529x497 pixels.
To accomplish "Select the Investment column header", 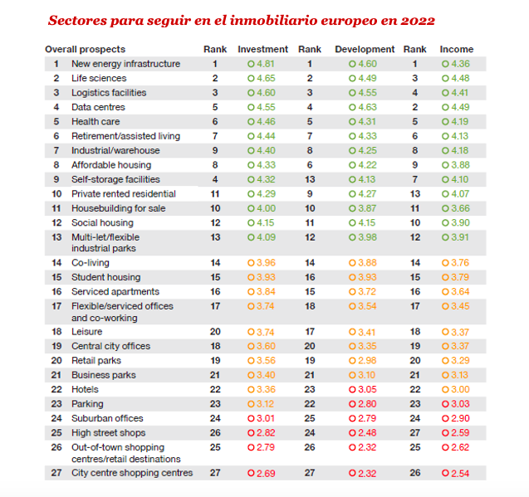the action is (x=262, y=49).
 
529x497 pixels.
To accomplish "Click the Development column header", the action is (x=365, y=49).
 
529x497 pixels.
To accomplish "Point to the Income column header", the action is (x=457, y=49).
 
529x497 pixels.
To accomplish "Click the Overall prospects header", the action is (x=85, y=49).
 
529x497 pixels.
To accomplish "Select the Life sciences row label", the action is (x=99, y=78).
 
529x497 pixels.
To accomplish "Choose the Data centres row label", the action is (x=98, y=107).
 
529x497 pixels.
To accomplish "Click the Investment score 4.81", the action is (x=266, y=64).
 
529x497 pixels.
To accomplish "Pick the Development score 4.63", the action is (x=367, y=107).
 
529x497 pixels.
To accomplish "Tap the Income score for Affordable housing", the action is (x=461, y=165).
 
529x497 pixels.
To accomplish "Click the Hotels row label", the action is (x=85, y=389).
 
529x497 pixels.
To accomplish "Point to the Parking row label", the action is (x=87, y=404).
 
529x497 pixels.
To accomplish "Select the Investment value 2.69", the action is (x=266, y=474).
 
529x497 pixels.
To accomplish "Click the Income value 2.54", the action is (x=460, y=474).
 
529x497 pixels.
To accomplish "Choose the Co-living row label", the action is (x=91, y=263).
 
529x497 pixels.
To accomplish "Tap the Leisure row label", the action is (x=86, y=332).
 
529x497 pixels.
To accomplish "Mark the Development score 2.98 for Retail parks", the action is (x=367, y=360).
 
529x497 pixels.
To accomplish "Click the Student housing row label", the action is (x=106, y=277).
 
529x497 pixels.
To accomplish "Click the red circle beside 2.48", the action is (x=352, y=432).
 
